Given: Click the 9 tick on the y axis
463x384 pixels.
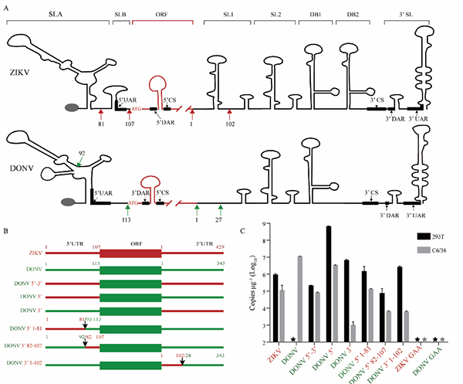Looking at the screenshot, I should [x=265, y=224].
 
